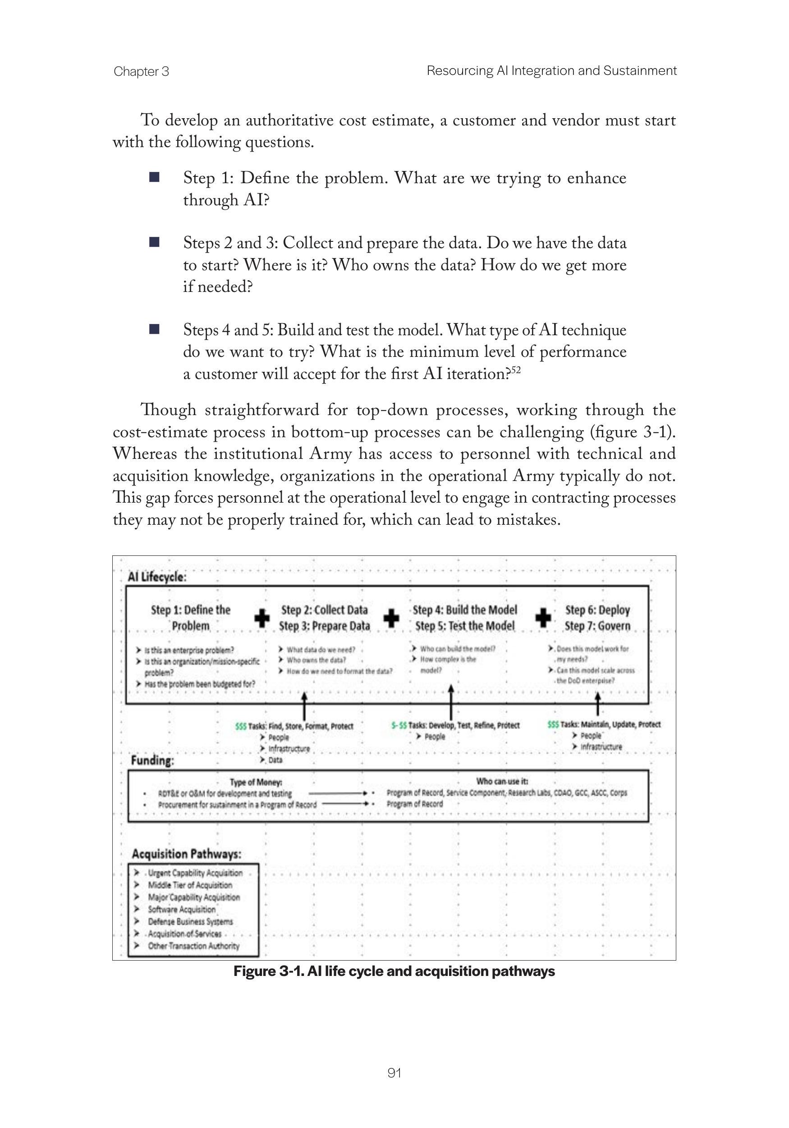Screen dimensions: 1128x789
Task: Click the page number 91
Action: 394,1073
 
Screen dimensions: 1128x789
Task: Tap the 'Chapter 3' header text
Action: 141,72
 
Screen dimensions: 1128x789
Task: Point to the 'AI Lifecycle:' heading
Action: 157,577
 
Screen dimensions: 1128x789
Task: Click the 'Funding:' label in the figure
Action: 152,761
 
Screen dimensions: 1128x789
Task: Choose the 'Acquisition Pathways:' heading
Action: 187,854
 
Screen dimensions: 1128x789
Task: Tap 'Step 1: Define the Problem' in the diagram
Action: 191,618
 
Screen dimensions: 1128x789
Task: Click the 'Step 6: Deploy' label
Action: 597,610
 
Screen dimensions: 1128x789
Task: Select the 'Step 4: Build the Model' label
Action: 465,610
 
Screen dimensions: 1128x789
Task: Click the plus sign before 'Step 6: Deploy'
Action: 542,618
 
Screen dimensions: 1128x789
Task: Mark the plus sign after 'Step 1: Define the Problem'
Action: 262,618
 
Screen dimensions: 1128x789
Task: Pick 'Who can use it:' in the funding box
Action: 502,781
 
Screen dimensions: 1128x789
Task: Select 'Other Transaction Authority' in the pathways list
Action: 193,946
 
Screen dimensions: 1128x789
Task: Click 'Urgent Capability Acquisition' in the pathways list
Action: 195,873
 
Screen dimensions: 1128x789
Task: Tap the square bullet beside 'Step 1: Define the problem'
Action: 154,177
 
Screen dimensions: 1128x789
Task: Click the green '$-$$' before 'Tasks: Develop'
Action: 399,725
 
